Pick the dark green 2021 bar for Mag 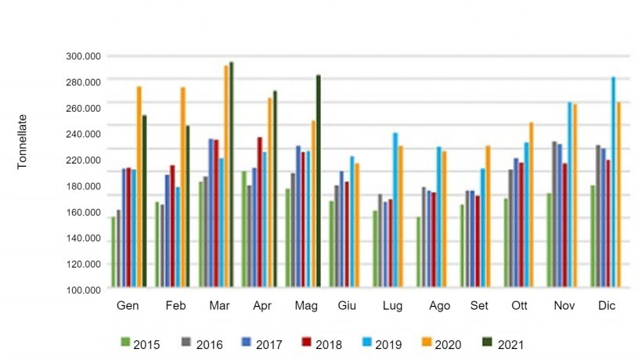tap(319, 181)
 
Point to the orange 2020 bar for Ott tap(531, 204)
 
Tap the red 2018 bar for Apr tap(259, 211)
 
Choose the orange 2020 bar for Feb tap(182, 187)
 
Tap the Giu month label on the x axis tap(347, 306)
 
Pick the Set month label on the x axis tap(479, 306)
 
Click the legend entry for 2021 tap(502, 344)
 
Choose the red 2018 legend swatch tap(307, 343)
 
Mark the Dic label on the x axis tap(607, 306)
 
